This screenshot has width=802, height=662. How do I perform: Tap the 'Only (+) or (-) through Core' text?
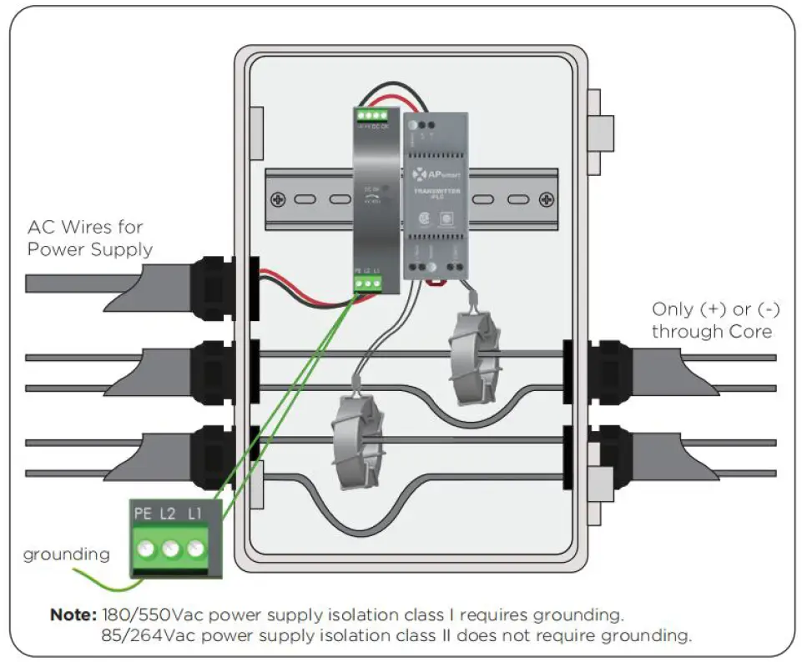point(716,320)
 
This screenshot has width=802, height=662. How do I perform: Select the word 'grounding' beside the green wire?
point(66,554)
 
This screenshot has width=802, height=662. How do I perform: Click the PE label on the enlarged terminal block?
point(144,514)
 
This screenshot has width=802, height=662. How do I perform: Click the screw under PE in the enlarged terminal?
point(146,549)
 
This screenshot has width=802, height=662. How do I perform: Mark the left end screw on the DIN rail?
point(277,200)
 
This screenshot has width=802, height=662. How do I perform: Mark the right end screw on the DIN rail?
point(546,200)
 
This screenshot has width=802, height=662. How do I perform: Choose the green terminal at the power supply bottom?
point(366,283)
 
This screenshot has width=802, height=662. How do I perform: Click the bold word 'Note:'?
point(74,615)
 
